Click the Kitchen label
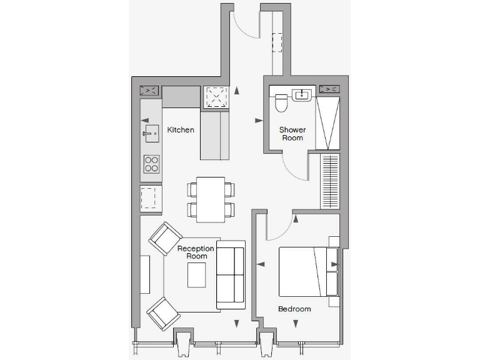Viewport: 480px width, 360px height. coord(181,130)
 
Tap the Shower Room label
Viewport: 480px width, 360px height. coord(292,134)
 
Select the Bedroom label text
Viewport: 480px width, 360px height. coord(294,309)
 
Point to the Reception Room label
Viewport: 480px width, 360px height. coord(196,252)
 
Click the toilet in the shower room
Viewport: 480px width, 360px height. coord(281,102)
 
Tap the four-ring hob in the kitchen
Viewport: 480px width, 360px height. coord(152,164)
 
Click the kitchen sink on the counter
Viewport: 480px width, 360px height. coord(151,132)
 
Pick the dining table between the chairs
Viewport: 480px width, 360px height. coord(210,199)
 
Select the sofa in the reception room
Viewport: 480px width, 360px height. coord(230,277)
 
